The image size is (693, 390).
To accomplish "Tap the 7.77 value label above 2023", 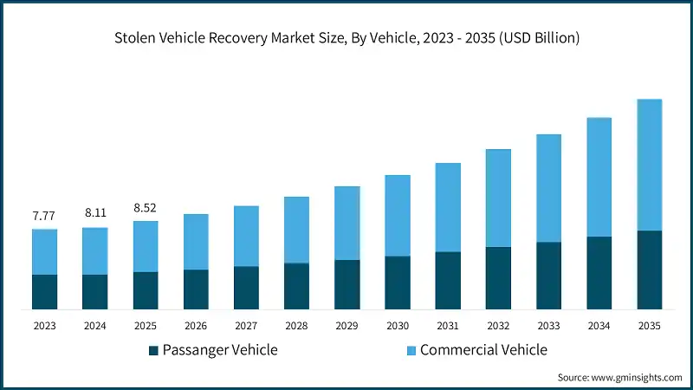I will click(x=44, y=216).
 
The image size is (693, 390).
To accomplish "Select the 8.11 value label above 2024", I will click(x=95, y=211).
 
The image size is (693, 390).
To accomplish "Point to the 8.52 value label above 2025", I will click(x=146, y=207).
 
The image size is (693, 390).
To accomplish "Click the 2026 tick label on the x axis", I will click(x=196, y=326).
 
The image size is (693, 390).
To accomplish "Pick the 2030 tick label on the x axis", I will click(x=398, y=326).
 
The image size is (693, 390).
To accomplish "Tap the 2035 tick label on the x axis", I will click(x=649, y=326).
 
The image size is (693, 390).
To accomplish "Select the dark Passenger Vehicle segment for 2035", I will click(x=649, y=270).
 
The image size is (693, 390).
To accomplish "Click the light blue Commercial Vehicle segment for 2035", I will click(x=649, y=165).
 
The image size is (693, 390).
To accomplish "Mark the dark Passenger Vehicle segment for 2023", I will click(x=44, y=292).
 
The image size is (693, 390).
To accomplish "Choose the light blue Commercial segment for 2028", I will click(x=296, y=230).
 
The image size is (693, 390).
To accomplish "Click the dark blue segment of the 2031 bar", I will click(x=448, y=281).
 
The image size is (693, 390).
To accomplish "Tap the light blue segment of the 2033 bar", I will click(x=548, y=188).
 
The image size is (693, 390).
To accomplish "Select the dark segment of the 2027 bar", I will click(x=246, y=288).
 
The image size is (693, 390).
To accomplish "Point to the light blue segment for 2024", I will click(x=95, y=251).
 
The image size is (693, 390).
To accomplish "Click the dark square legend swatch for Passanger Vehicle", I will click(x=154, y=350).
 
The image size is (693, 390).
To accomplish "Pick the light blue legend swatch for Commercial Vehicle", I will click(x=411, y=350).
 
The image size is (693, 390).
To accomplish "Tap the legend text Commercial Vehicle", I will click(x=483, y=350).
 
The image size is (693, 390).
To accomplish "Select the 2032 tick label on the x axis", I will click(x=498, y=326).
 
